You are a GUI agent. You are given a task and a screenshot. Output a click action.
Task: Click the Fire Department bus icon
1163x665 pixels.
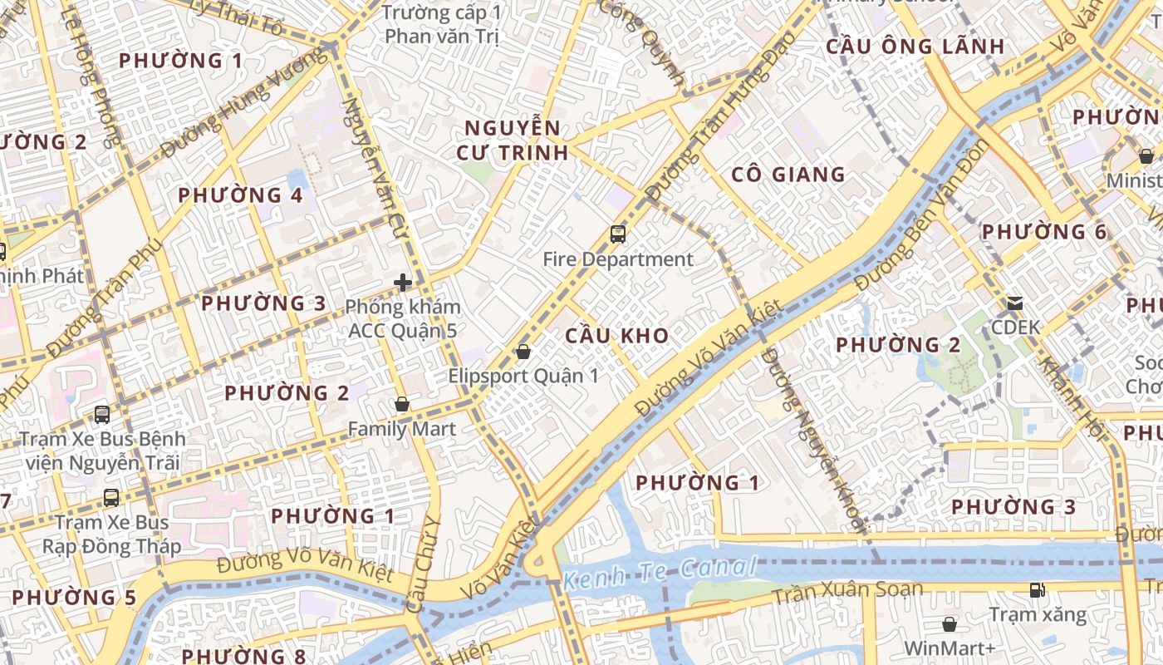pyautogui.click(x=618, y=234)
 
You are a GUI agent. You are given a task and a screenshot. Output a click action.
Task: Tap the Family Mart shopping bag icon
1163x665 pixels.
pyautogui.click(x=402, y=405)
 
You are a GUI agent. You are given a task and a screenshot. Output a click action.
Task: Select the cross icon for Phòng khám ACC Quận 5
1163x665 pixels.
pyautogui.click(x=403, y=283)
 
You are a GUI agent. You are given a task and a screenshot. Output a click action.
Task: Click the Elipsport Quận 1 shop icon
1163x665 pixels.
pyautogui.click(x=523, y=352)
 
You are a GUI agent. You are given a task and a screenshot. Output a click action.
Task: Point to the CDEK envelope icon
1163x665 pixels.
pyautogui.click(x=1015, y=303)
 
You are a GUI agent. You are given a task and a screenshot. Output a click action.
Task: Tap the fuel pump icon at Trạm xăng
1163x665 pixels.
pyautogui.click(x=1038, y=590)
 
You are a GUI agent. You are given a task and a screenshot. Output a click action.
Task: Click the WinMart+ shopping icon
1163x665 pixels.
pyautogui.click(x=950, y=624)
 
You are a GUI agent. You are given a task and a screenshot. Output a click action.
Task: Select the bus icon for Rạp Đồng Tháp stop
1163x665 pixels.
pyautogui.click(x=111, y=498)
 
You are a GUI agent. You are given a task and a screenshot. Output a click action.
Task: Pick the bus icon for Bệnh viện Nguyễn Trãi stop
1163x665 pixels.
pyautogui.click(x=102, y=414)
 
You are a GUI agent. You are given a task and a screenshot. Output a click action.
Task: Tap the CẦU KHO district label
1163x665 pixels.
pyautogui.click(x=616, y=336)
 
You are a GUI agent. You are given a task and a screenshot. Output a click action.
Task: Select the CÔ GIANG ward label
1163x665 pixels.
pyautogui.click(x=788, y=175)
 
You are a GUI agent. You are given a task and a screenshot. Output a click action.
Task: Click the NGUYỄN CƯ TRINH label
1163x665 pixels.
pyautogui.click(x=513, y=140)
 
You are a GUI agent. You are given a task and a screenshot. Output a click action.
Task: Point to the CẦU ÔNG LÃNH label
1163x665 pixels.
pyautogui.click(x=915, y=47)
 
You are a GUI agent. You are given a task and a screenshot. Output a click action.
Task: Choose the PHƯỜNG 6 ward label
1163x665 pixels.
pyautogui.click(x=1044, y=232)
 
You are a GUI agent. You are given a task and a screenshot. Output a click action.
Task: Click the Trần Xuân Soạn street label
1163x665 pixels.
pyautogui.click(x=847, y=592)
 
